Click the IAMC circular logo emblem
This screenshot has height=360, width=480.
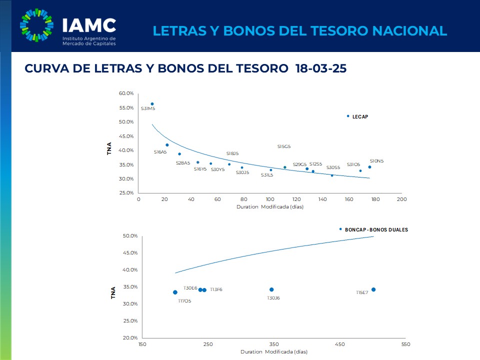[x=36, y=26]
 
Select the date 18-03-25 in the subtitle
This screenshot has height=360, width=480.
[x=320, y=69]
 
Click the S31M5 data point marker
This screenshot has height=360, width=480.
[x=152, y=104]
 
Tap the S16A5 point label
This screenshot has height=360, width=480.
[x=160, y=151]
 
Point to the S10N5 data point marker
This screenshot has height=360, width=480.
[x=369, y=167]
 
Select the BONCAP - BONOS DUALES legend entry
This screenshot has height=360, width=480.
[x=376, y=229]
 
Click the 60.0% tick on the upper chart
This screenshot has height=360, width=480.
[x=126, y=93]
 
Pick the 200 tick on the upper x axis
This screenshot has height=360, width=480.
[x=401, y=199]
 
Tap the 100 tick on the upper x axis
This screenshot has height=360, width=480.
[x=270, y=199]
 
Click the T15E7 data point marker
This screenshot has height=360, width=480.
[x=373, y=289]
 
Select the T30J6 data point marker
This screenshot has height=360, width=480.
[x=271, y=289]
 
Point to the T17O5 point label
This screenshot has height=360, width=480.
[x=184, y=301]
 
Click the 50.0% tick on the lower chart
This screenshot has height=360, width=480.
[x=130, y=236]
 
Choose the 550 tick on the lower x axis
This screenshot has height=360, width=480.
[x=405, y=344]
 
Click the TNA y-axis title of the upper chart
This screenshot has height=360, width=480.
[x=109, y=148]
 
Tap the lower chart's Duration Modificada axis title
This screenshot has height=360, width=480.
[x=273, y=351]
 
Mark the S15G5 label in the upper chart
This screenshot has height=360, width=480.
[x=284, y=146]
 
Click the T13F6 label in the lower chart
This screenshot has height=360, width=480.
[x=216, y=289]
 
